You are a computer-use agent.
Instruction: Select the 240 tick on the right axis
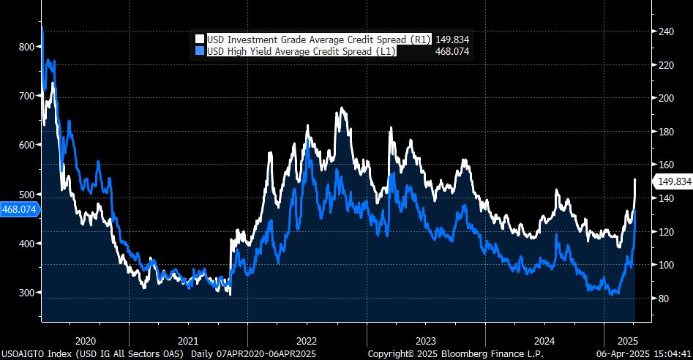(665, 31)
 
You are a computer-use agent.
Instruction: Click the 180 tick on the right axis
(665, 132)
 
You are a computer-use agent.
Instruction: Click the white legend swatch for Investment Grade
(200, 40)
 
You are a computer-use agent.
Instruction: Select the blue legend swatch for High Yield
(200, 51)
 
